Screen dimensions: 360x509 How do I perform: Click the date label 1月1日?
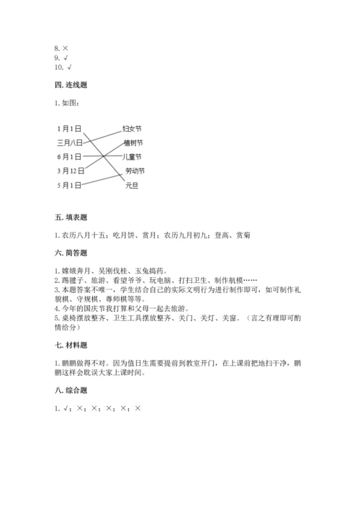pos(69,128)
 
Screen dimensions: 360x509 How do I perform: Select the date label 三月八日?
pos(70,143)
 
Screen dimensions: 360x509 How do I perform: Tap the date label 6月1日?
pos(69,156)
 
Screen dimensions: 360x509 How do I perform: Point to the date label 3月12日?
pos(71,171)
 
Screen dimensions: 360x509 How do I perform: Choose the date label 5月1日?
pos(69,185)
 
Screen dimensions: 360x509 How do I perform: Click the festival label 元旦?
pos(131,185)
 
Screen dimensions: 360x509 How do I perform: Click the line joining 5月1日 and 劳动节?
pos(101,179)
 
